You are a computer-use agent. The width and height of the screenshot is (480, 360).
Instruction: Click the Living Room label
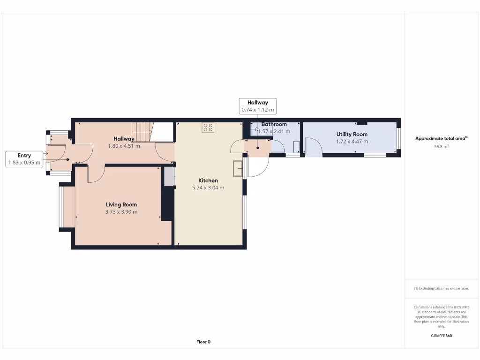[x=121, y=204]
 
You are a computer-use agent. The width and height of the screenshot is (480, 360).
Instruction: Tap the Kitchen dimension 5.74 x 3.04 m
[x=208, y=187]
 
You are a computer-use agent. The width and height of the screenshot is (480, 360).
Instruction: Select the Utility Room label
[x=352, y=134]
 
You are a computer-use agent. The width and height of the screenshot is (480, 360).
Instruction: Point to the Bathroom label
[x=274, y=124]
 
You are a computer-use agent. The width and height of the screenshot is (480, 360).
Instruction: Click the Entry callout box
[x=24, y=159]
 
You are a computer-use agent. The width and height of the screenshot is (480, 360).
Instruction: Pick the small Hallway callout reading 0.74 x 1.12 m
[x=257, y=106]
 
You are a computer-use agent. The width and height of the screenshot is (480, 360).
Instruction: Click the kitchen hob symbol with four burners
[x=208, y=127]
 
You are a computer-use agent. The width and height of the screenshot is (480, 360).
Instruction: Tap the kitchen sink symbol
[x=238, y=168]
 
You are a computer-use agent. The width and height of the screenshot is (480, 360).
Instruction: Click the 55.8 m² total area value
[x=441, y=146]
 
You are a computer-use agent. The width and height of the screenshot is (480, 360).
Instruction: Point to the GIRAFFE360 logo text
[x=441, y=336]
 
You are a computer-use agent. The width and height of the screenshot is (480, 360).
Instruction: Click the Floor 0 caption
[x=203, y=342]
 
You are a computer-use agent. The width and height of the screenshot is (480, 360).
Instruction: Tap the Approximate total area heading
[x=441, y=138]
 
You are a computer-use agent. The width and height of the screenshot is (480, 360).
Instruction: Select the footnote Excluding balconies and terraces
[x=441, y=288]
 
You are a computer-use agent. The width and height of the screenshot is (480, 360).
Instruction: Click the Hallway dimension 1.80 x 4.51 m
[x=124, y=146]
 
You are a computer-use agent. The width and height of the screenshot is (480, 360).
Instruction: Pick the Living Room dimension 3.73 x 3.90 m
[x=121, y=212]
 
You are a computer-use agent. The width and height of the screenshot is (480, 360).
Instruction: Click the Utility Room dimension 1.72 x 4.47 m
[x=352, y=141]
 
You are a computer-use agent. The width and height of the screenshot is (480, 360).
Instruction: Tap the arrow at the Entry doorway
[x=45, y=153]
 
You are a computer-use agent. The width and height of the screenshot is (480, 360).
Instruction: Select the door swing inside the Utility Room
[x=313, y=146]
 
